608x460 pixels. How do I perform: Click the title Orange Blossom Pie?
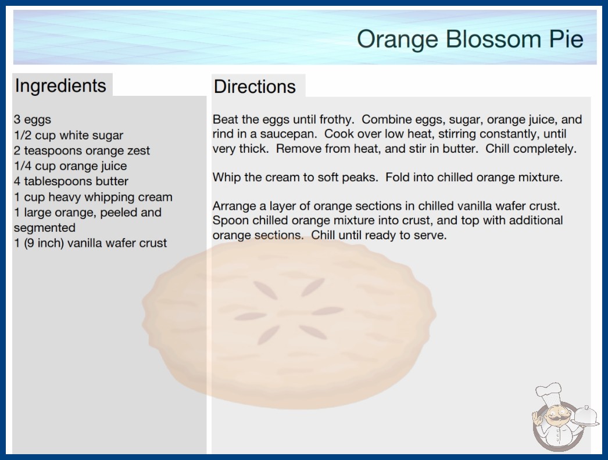pos(470,39)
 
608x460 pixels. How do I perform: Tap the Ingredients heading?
pos(60,86)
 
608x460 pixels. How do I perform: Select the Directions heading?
pos(255,87)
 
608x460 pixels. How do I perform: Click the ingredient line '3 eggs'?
pos(33,120)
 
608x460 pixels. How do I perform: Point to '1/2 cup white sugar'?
pos(69,135)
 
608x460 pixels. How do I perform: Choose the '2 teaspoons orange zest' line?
pos(82,150)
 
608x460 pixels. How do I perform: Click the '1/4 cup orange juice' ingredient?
pos(70,166)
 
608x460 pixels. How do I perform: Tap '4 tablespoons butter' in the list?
pos(71,181)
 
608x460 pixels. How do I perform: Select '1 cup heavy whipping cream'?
pos(93,197)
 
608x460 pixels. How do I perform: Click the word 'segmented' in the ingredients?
pos(45,228)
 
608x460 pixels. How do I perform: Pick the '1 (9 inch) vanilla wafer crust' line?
pos(90,243)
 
